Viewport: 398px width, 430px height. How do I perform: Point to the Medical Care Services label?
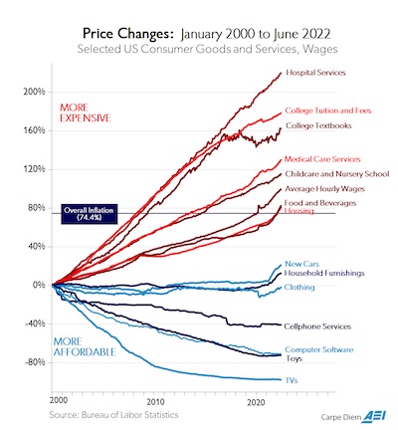click(323, 159)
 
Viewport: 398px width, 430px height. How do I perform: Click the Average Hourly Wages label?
click(324, 188)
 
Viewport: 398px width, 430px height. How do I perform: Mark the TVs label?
click(292, 380)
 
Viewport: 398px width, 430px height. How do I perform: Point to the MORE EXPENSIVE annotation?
click(87, 111)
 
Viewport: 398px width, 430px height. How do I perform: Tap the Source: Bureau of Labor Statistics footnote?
click(107, 410)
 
